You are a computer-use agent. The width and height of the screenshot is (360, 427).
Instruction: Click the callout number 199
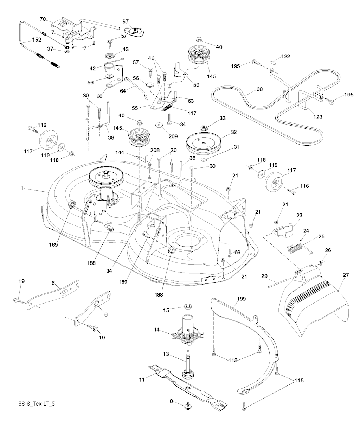pyautogui.click(x=242, y=299)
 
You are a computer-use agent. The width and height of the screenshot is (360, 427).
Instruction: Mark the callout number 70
pyautogui.click(x=43, y=19)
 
